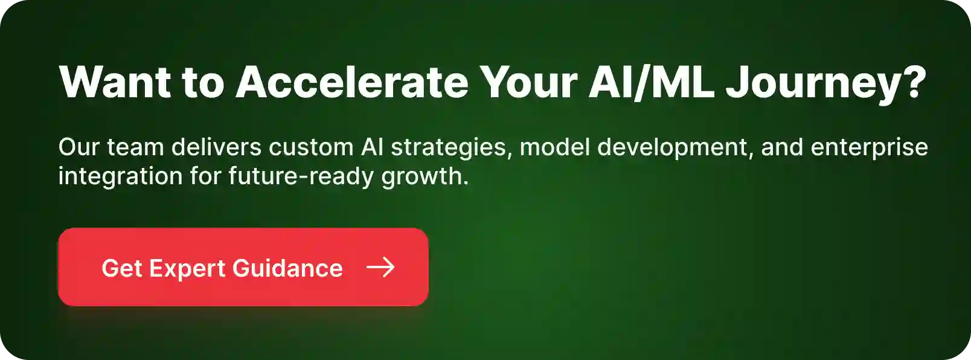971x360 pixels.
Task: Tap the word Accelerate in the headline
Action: point(352,82)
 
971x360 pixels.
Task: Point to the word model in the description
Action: point(554,147)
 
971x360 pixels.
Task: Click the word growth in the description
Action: point(423,176)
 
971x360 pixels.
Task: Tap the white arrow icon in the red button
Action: point(380,268)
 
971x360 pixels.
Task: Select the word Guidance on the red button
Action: point(287,268)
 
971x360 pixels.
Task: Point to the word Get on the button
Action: point(121,268)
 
